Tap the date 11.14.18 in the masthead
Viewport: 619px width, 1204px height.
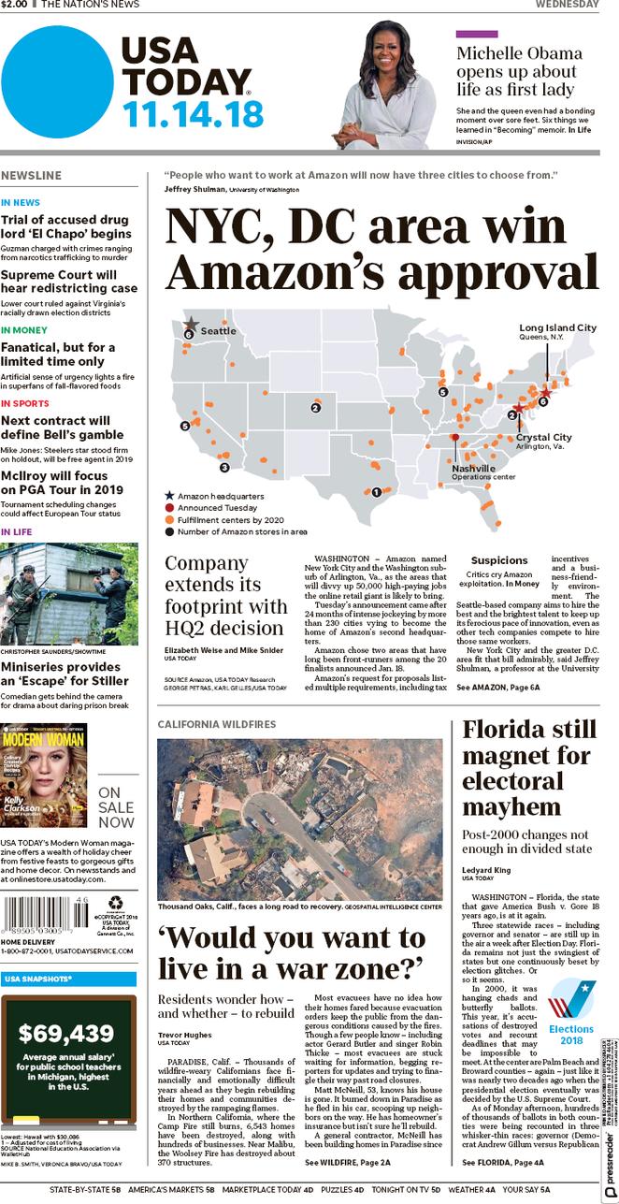coord(193,114)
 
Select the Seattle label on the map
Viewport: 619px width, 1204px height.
coord(218,330)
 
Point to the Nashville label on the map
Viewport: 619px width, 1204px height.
coord(473,468)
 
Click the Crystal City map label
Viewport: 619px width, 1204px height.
coord(543,437)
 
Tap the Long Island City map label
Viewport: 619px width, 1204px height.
coord(557,328)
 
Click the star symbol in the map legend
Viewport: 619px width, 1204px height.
coord(169,495)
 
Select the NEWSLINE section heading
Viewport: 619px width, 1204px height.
coord(32,175)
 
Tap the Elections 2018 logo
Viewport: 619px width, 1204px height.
coord(570,1011)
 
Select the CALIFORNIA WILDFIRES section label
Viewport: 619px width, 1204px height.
coord(216,724)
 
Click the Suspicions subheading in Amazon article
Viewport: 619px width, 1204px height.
coord(499,560)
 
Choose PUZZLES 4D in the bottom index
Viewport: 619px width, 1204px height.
coord(342,1190)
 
